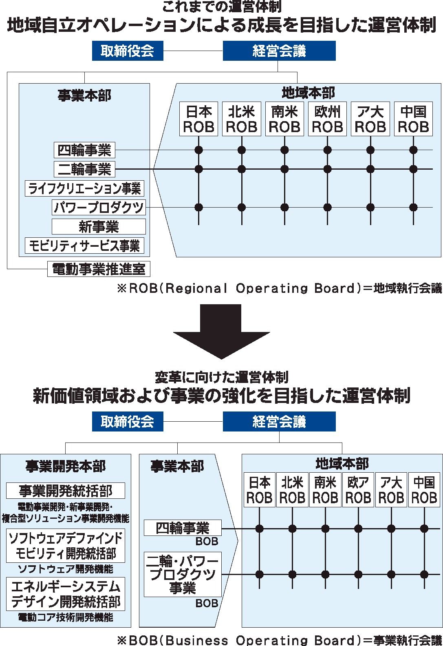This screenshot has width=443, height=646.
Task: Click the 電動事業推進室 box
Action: coord(99,269)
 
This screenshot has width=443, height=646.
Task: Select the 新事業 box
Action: coord(99,227)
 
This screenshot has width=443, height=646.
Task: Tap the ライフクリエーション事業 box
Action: coord(84,188)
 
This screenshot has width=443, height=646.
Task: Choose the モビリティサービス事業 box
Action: coord(84,246)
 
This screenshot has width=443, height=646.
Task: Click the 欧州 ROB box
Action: coord(327,119)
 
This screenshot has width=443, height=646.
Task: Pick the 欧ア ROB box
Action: coord(358,489)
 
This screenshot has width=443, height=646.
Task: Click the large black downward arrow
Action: coord(221,332)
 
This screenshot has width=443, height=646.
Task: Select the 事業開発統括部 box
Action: coord(66,491)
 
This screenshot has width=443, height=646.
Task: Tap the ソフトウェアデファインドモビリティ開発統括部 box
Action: coord(66,545)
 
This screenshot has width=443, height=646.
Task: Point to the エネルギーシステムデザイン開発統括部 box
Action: coord(66,594)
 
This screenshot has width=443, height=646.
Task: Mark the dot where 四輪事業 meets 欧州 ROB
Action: coord(327,150)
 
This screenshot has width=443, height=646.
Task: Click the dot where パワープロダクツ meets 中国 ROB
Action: coord(413,207)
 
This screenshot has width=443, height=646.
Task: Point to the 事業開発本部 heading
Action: coord(66,466)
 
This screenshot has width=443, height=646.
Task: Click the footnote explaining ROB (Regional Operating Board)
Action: coord(280,288)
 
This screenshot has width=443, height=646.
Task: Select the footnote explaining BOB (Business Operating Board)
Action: coord(280,640)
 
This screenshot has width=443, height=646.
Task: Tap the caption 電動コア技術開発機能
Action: coord(66,617)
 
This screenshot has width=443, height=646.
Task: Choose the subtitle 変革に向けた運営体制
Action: coord(221,378)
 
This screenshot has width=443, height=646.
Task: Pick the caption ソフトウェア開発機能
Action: coord(66,569)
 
